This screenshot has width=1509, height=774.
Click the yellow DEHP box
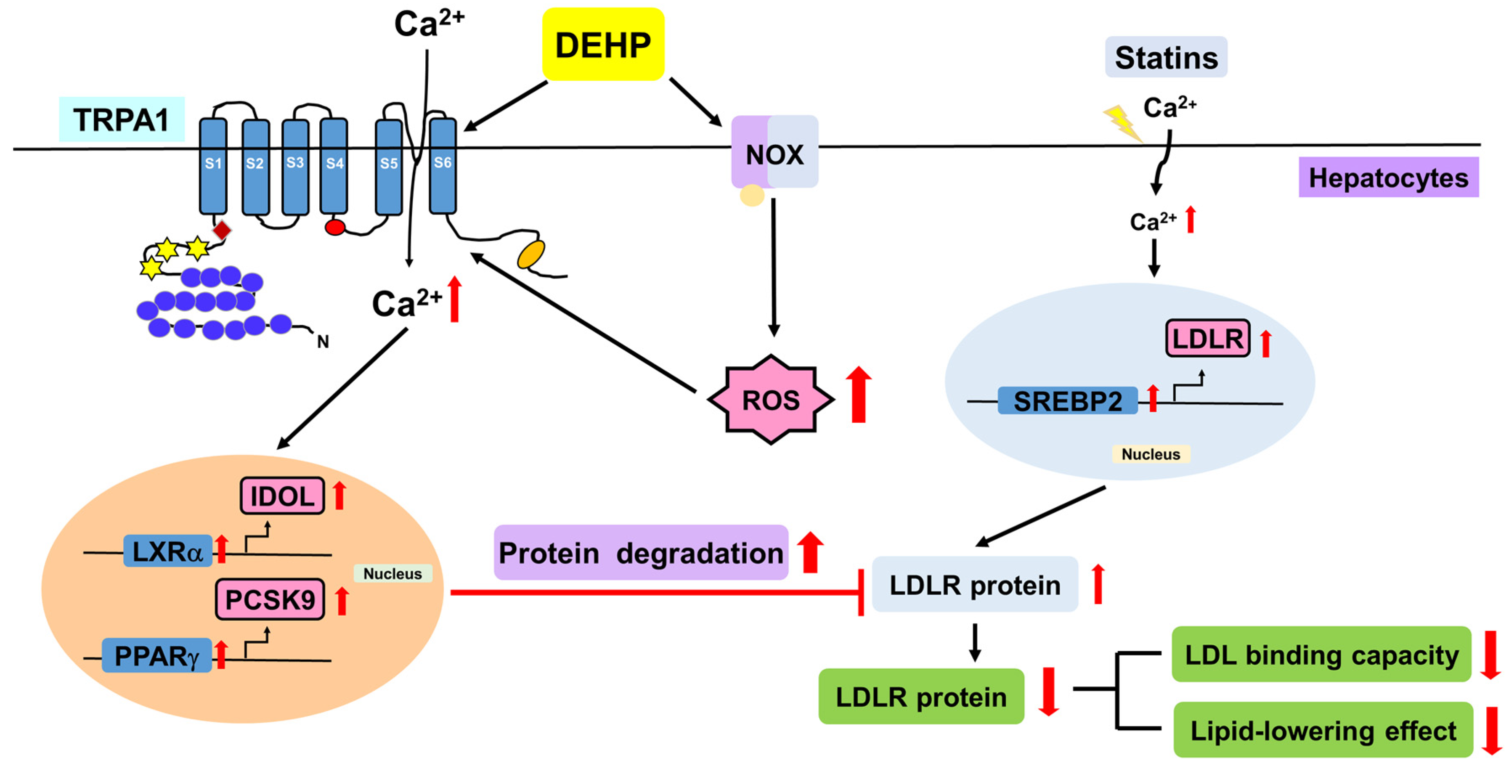(603, 44)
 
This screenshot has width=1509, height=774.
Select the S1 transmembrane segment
(213, 166)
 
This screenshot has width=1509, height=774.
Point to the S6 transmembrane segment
(443, 165)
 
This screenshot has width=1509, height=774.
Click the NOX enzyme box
(774, 152)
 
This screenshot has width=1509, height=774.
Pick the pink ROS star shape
(770, 400)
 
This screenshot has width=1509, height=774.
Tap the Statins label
(1166, 57)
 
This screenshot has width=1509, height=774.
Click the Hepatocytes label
(1388, 177)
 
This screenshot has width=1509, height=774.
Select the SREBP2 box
(1067, 401)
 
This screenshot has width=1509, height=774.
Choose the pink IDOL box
(282, 496)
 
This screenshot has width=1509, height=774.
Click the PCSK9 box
(270, 599)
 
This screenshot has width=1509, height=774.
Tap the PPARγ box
(157, 655)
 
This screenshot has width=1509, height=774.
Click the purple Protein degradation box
(641, 552)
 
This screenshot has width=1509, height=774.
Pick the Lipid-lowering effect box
(1323, 729)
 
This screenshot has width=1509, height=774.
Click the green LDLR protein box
(921, 696)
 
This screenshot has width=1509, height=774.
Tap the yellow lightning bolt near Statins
(1122, 123)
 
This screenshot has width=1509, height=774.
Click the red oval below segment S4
(335, 227)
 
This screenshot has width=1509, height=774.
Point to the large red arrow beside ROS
(859, 394)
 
